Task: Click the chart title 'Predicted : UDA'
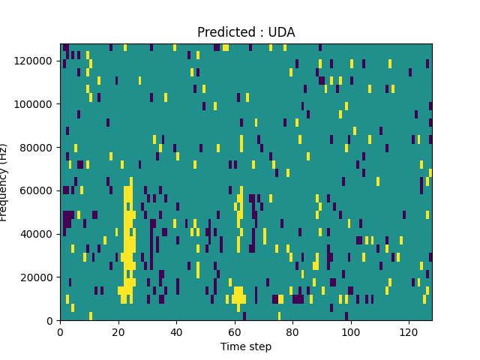point(246,32)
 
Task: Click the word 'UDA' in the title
point(280,32)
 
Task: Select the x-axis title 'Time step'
point(246,346)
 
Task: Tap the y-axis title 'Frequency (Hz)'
point(4,182)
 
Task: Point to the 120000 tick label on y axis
point(35,61)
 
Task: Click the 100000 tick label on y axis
point(35,103)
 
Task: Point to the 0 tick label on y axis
point(52,320)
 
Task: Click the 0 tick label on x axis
point(61,331)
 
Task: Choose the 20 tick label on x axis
point(118,331)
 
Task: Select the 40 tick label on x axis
point(176,331)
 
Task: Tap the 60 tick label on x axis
point(235,331)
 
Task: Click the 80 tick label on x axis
point(292,331)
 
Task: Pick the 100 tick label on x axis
point(350,331)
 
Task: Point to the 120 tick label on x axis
point(409,331)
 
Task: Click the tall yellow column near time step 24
point(130,240)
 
